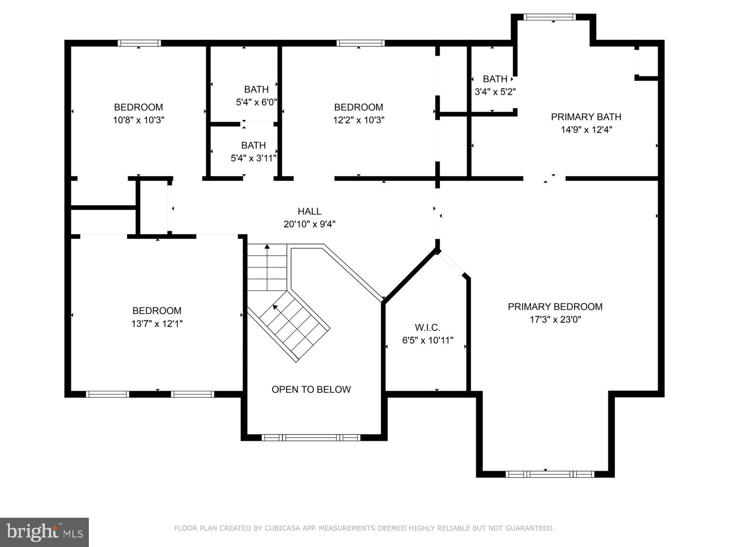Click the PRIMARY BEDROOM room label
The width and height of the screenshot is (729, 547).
pyautogui.click(x=555, y=307)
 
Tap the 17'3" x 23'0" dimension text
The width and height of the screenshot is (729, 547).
pyautogui.click(x=555, y=319)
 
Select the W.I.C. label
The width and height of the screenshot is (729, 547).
pyautogui.click(x=428, y=327)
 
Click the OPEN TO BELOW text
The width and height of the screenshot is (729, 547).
pyautogui.click(x=311, y=389)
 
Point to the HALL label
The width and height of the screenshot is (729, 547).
pyautogui.click(x=309, y=211)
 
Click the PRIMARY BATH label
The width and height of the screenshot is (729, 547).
pyautogui.click(x=586, y=117)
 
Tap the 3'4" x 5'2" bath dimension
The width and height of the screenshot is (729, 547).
pyautogui.click(x=495, y=92)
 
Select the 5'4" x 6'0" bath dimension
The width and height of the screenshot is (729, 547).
pyautogui.click(x=256, y=102)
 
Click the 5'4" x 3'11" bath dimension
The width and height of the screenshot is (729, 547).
pyautogui.click(x=253, y=158)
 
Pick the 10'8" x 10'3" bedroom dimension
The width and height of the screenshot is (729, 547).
pyautogui.click(x=139, y=120)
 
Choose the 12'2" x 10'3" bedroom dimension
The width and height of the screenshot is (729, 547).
pyautogui.click(x=358, y=120)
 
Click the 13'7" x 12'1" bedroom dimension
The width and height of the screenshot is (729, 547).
pyautogui.click(x=157, y=324)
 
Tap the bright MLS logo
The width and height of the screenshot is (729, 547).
pyautogui.click(x=44, y=532)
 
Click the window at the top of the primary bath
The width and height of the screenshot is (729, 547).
pyautogui.click(x=549, y=17)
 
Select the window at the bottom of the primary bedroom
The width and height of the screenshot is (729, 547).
pyautogui.click(x=549, y=474)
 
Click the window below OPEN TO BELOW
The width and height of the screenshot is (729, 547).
pyautogui.click(x=311, y=438)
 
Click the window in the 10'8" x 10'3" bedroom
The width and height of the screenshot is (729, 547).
pyautogui.click(x=139, y=43)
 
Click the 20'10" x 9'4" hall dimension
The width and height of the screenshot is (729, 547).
pyautogui.click(x=309, y=224)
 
